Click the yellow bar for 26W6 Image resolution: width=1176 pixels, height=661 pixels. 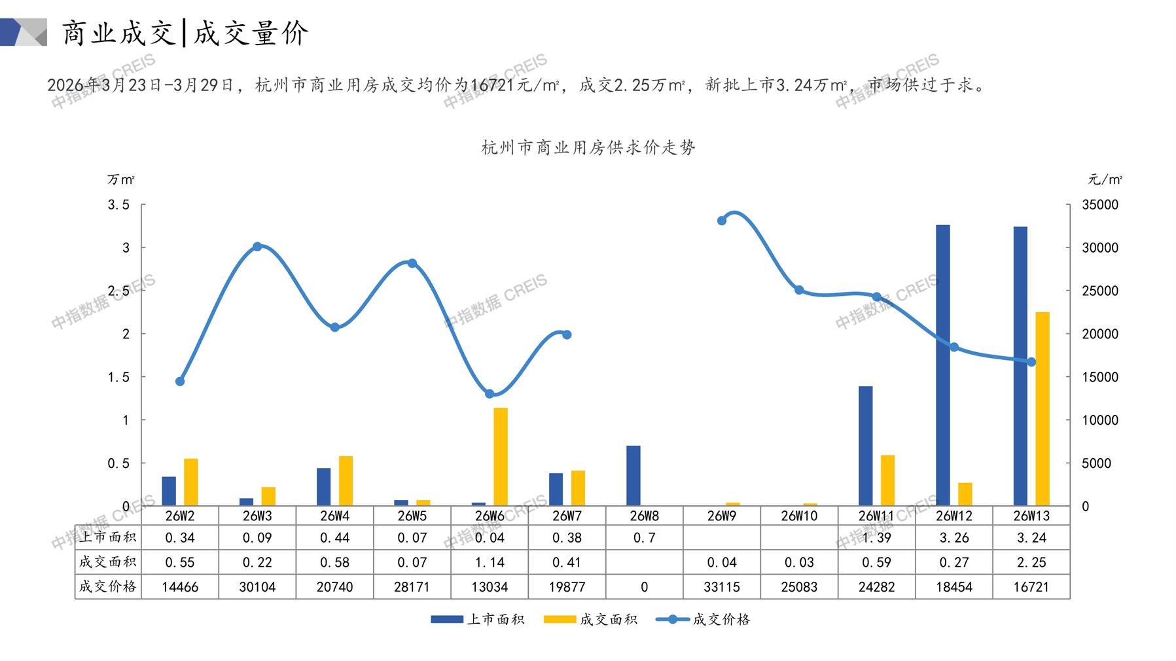500,457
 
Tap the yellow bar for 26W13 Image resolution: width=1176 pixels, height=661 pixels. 1042,409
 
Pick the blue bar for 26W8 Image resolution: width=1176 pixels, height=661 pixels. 633,476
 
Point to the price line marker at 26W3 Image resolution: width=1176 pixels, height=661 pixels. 257,247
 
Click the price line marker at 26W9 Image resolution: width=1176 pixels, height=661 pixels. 722,221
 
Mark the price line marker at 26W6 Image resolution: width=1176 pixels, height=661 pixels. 490,394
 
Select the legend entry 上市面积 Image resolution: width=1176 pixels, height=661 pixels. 478,619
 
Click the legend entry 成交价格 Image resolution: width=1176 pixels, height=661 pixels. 704,619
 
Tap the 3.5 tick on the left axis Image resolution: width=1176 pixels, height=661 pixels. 118,205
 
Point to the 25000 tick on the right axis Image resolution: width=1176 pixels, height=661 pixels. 1100,291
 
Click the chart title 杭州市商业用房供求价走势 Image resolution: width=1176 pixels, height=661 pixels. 588,147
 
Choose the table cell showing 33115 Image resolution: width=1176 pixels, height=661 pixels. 722,587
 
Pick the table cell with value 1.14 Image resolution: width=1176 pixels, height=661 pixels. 490,562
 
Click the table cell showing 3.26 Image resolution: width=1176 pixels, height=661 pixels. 953,538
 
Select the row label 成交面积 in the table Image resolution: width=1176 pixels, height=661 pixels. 107,562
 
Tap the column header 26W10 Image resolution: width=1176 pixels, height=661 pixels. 799,516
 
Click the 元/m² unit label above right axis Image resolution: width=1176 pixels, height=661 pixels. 1105,179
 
